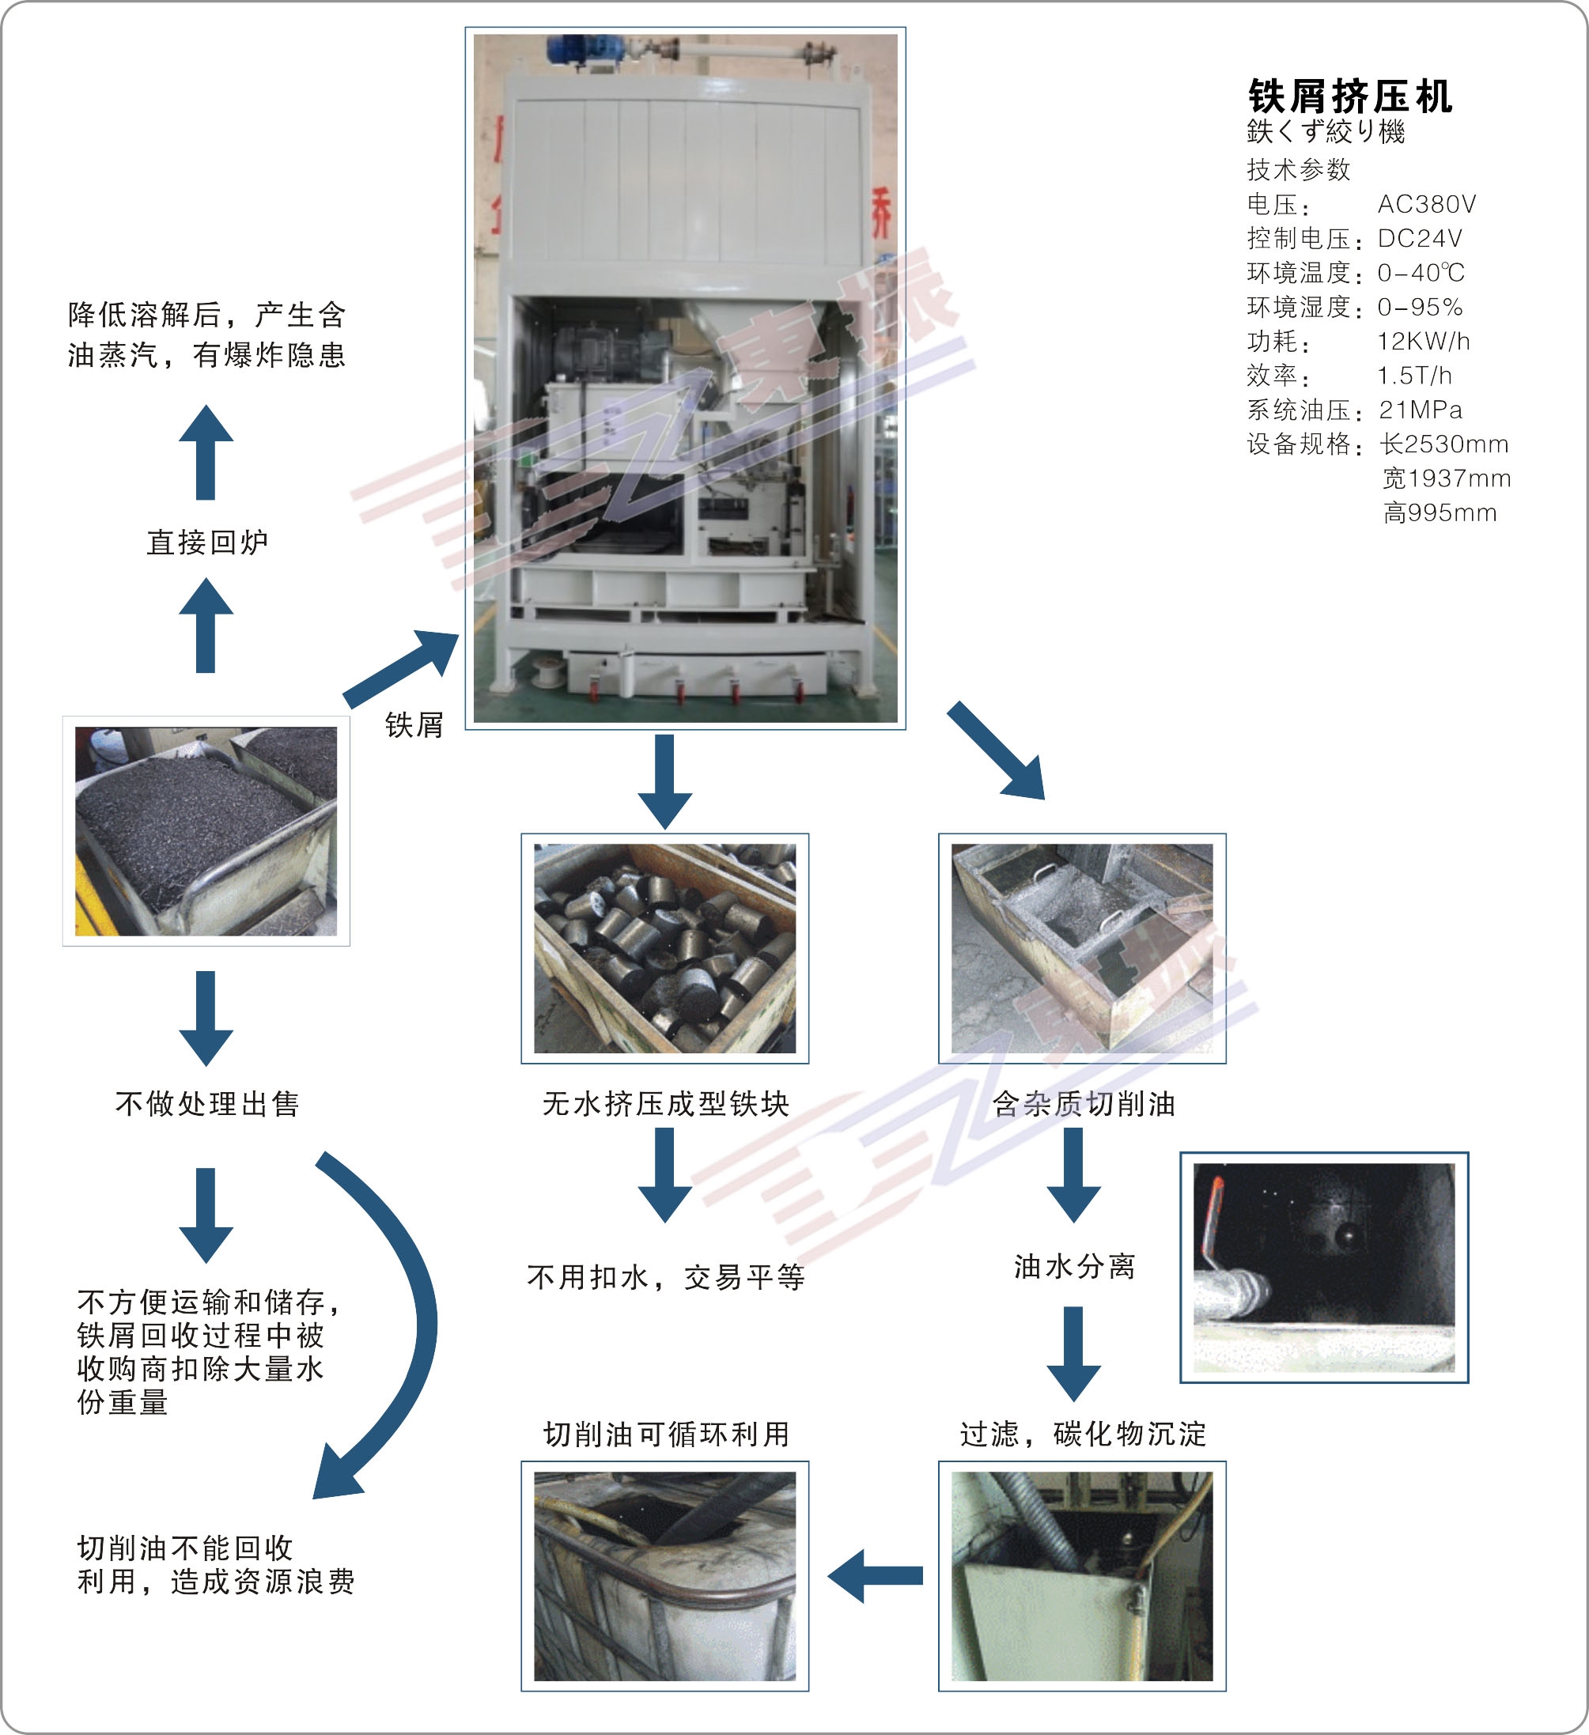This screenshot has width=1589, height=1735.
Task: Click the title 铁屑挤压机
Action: tap(1349, 96)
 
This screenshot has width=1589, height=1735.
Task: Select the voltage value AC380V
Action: tap(1426, 204)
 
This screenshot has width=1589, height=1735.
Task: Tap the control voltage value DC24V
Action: tap(1420, 238)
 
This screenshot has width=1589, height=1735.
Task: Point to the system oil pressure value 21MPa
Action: tap(1421, 410)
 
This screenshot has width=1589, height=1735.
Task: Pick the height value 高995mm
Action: tap(1440, 513)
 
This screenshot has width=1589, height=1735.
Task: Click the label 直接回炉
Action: tap(207, 542)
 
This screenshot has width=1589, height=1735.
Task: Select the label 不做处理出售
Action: tap(207, 1103)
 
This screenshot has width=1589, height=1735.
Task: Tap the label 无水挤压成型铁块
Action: tap(665, 1103)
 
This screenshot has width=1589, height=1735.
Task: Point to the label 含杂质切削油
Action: tap(1083, 1103)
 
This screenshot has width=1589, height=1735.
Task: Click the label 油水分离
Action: tap(1074, 1266)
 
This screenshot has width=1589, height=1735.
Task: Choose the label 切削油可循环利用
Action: tap(665, 1434)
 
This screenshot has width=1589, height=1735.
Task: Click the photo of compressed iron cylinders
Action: tap(664, 947)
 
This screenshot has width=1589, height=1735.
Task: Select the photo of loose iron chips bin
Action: tap(206, 830)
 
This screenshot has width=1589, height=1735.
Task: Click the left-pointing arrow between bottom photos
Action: tap(874, 1576)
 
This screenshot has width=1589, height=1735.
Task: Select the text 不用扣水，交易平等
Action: tap(665, 1277)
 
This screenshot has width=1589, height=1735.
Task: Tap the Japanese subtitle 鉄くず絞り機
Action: tap(1326, 132)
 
